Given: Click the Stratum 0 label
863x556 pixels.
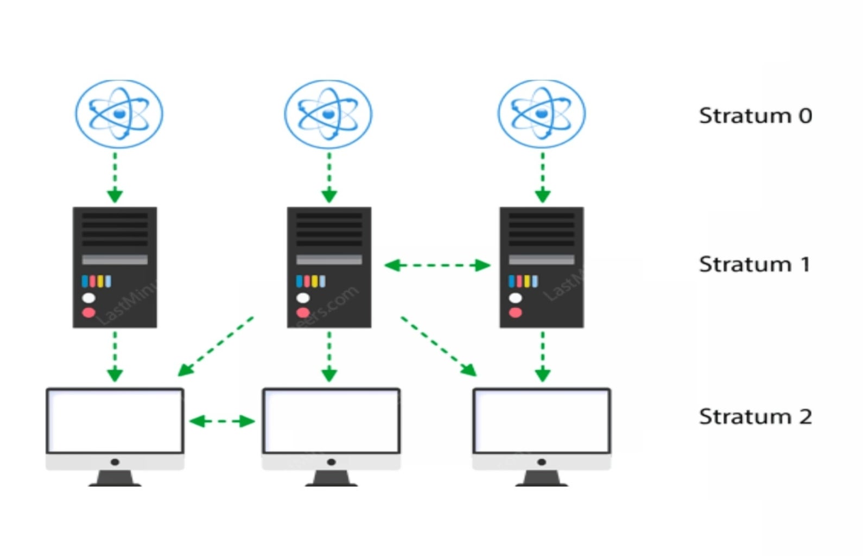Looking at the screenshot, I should [755, 116].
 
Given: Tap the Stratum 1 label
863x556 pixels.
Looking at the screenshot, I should [754, 264].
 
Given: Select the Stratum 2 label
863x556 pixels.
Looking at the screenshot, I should [755, 416].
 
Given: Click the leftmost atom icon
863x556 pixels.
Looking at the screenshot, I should [119, 114].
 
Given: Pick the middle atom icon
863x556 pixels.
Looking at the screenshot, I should [328, 114].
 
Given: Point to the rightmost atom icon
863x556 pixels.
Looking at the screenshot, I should [541, 114].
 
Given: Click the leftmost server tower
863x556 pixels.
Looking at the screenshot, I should [115, 267].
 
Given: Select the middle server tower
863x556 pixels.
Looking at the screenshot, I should [329, 267].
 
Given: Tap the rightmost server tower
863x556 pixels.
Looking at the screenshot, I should [542, 267].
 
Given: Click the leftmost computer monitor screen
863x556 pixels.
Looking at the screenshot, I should [115, 421].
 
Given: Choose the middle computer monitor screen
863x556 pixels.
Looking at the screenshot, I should [331, 421].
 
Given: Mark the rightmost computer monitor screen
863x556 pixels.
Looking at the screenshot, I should [542, 421].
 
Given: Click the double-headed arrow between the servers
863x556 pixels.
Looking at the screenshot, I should [437, 266].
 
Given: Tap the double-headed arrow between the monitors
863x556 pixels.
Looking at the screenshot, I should [222, 421].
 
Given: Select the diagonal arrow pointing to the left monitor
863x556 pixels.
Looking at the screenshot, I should [215, 346].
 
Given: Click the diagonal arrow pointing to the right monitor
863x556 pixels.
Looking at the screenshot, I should [439, 346].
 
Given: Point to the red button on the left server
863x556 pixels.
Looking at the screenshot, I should [88, 312].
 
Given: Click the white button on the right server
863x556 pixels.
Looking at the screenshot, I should [515, 298].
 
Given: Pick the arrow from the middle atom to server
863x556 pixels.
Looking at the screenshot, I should [329, 177].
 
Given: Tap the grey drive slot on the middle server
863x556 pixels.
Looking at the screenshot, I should [329, 260].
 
